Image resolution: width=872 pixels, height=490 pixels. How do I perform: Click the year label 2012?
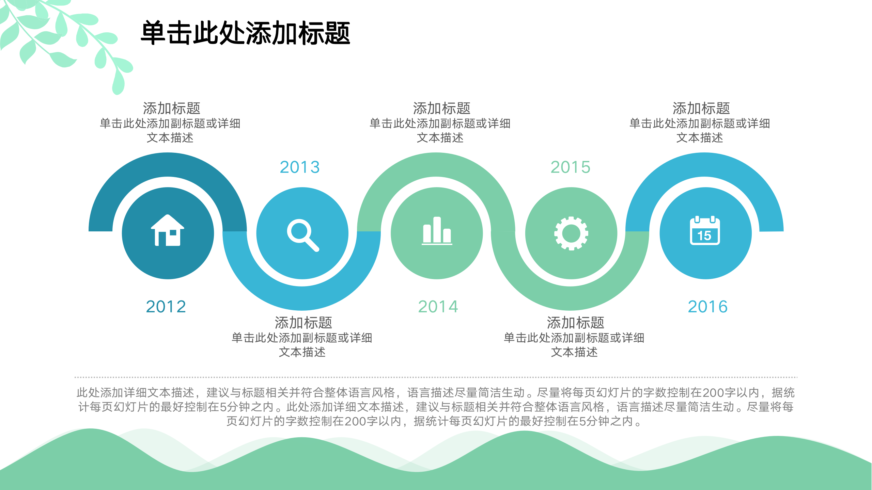[166, 307]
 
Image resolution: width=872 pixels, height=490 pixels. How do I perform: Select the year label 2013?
[300, 167]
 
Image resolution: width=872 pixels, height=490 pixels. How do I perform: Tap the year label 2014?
[438, 307]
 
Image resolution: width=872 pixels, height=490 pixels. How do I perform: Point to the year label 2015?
[571, 167]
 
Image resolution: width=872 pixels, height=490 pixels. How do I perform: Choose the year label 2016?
[708, 307]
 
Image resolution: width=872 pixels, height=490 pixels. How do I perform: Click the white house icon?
[168, 230]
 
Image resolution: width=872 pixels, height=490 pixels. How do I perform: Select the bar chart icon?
[437, 231]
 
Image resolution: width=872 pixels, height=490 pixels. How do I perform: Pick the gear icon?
[571, 233]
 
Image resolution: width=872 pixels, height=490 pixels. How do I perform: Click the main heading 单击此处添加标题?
[246, 33]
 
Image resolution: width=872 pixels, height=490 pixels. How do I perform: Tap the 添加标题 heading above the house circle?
[171, 109]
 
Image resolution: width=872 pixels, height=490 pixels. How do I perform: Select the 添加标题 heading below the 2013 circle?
[303, 323]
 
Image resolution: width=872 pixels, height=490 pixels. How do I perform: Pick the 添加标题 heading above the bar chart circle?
[441, 109]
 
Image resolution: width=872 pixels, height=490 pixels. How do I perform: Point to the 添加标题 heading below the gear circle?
[575, 323]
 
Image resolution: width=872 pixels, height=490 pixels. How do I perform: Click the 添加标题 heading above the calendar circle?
[701, 109]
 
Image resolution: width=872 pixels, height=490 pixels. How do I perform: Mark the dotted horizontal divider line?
[436, 377]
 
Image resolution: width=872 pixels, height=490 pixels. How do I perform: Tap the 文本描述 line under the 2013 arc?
[302, 352]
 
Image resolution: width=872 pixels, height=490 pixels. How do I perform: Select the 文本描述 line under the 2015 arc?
[574, 352]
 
